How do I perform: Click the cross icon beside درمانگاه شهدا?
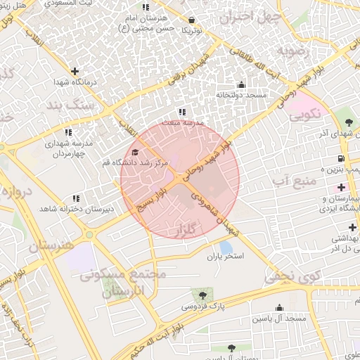(75, 71)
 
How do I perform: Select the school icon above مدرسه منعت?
(183, 112)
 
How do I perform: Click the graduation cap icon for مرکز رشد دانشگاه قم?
(135, 152)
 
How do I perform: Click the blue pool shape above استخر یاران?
(226, 247)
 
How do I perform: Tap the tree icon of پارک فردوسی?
(202, 296)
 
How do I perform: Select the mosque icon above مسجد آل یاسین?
(280, 307)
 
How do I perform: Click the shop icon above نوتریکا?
(193, 20)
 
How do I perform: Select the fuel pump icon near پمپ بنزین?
(341, 159)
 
